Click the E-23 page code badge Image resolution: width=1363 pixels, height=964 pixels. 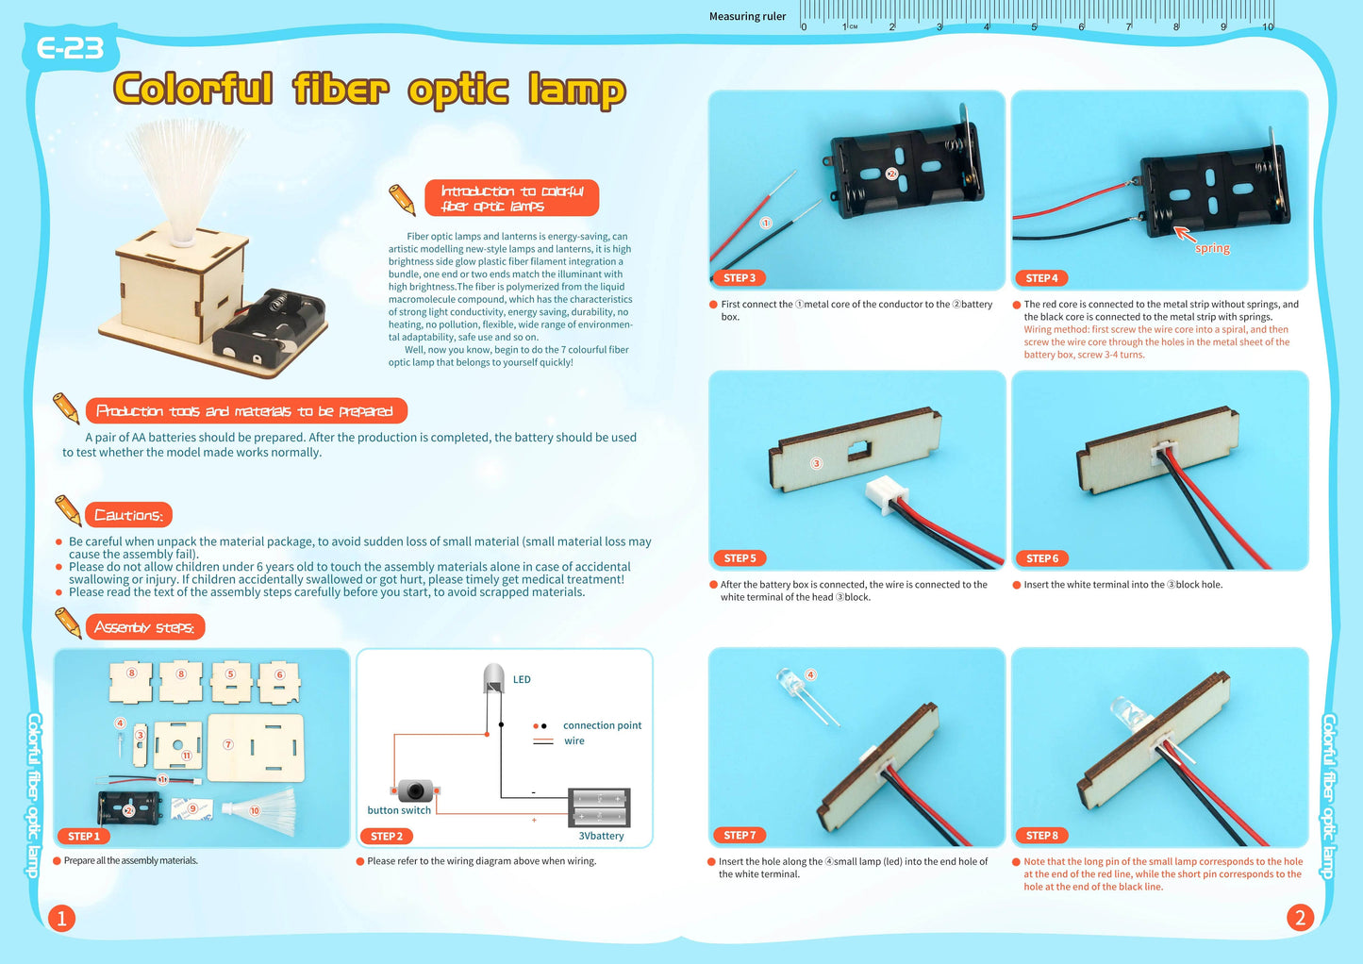tap(70, 47)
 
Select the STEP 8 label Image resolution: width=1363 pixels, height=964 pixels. tap(1041, 836)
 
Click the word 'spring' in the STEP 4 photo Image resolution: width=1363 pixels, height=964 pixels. tap(1212, 249)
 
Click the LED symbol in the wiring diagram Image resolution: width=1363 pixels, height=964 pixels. tap(493, 679)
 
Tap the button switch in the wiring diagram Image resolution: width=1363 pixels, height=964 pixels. tap(415, 790)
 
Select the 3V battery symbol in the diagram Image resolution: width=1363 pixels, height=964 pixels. tap(599, 807)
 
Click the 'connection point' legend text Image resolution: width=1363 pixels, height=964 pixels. tap(602, 725)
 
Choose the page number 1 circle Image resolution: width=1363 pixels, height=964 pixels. tap(61, 918)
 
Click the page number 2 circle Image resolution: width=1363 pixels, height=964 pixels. tap(1300, 917)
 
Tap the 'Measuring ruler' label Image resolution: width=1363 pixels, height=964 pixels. tap(747, 16)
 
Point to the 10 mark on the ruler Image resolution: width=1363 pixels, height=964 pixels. tap(1268, 26)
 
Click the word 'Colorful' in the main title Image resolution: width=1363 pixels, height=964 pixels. tap(193, 89)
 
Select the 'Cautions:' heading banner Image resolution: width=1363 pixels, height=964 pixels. tap(128, 515)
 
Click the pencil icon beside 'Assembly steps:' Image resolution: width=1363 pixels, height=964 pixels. tap(68, 623)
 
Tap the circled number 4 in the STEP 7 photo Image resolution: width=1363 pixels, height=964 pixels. tap(810, 674)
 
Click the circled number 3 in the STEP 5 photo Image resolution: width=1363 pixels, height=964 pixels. tap(817, 463)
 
